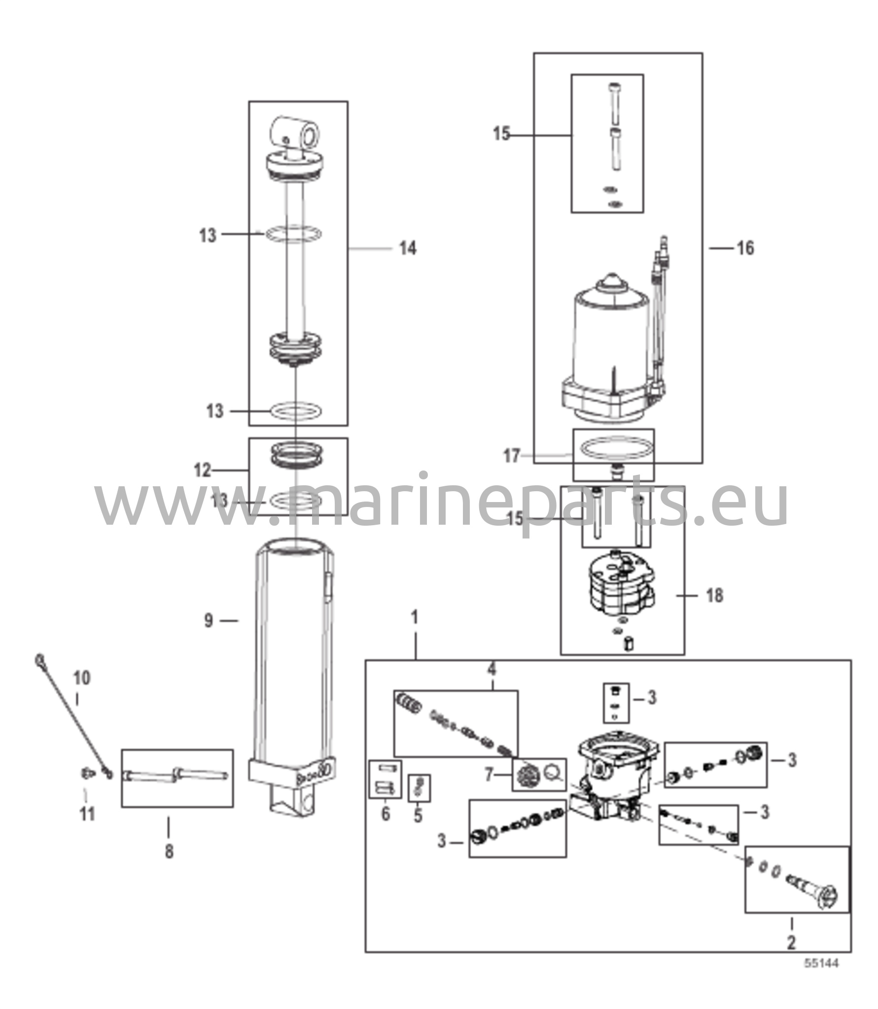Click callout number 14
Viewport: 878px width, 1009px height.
pos(407,248)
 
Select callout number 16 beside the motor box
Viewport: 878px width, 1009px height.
pos(745,248)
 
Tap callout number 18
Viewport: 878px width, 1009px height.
pos(714,596)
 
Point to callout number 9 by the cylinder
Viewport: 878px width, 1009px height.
pos(209,621)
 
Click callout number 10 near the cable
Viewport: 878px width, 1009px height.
pos(82,678)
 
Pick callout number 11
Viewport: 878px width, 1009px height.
pos(87,814)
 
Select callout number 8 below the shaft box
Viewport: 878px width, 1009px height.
pos(169,851)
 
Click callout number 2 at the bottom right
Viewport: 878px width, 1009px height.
pos(791,942)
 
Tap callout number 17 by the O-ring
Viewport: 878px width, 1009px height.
pos(511,457)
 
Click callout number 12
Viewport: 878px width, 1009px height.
pos(202,471)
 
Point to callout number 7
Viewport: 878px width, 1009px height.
pos(489,775)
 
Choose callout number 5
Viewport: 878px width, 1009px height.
pos(418,815)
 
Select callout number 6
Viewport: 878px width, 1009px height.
pos(386,813)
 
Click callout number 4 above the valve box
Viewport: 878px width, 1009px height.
pos(491,669)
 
